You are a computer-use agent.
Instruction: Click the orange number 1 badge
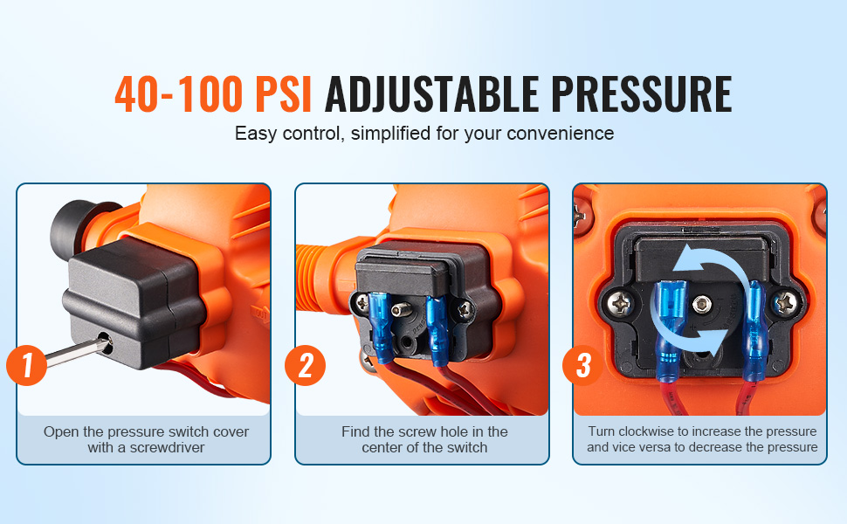tap(26, 365)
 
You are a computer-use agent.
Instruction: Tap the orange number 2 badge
tap(306, 365)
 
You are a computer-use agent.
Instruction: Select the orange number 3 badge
tap(582, 365)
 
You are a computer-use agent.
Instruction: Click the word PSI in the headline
tap(283, 94)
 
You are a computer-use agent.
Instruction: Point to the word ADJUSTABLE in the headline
tap(431, 94)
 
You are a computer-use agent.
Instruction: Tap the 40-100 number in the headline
tap(179, 94)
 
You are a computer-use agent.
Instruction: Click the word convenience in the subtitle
tap(561, 134)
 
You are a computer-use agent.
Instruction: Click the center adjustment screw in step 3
tap(702, 303)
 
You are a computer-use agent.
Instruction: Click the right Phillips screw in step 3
tap(785, 303)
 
